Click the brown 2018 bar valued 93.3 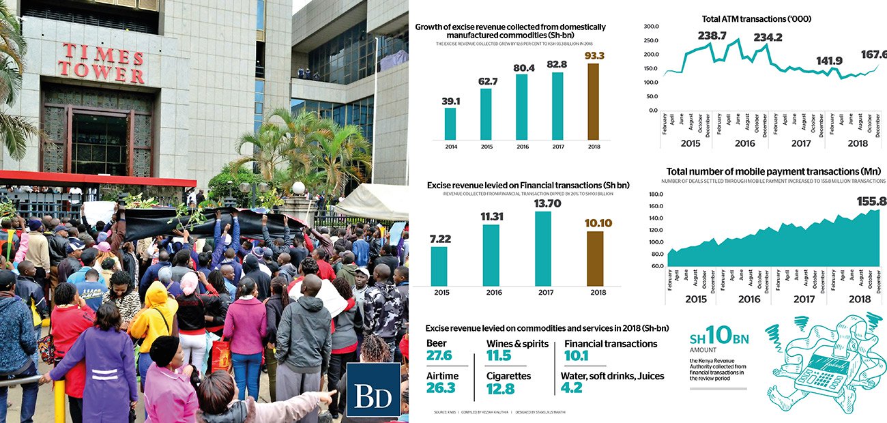coord(593,101)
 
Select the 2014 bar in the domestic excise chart coord(450,123)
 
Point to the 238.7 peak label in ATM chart coord(713,35)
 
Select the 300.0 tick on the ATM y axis coord(652,27)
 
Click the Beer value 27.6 coord(439,356)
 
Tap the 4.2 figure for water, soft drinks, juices coord(571,388)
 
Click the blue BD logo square coord(373,390)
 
